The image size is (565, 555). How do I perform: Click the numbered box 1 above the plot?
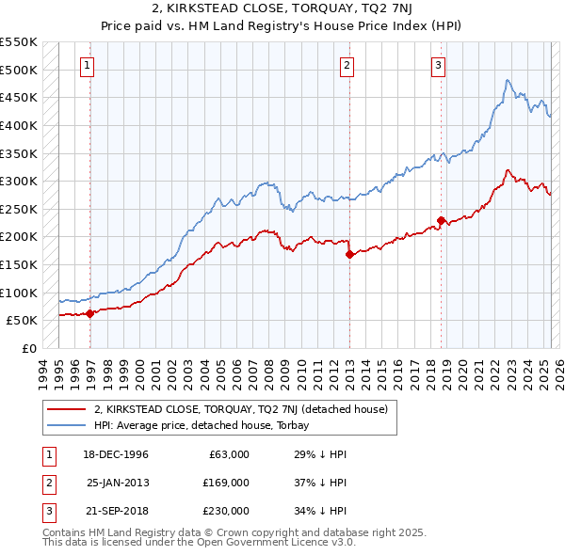coord(87,65)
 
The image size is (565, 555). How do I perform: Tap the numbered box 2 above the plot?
coord(347,65)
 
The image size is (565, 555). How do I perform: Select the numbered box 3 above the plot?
coord(439,65)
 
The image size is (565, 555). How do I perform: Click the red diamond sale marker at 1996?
coord(90,313)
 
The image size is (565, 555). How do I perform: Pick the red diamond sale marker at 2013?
coord(349,254)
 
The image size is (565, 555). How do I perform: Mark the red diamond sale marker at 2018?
coord(441,220)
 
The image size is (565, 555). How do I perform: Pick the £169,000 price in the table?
coord(226,483)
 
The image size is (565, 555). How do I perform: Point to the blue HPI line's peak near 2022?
coord(507,81)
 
